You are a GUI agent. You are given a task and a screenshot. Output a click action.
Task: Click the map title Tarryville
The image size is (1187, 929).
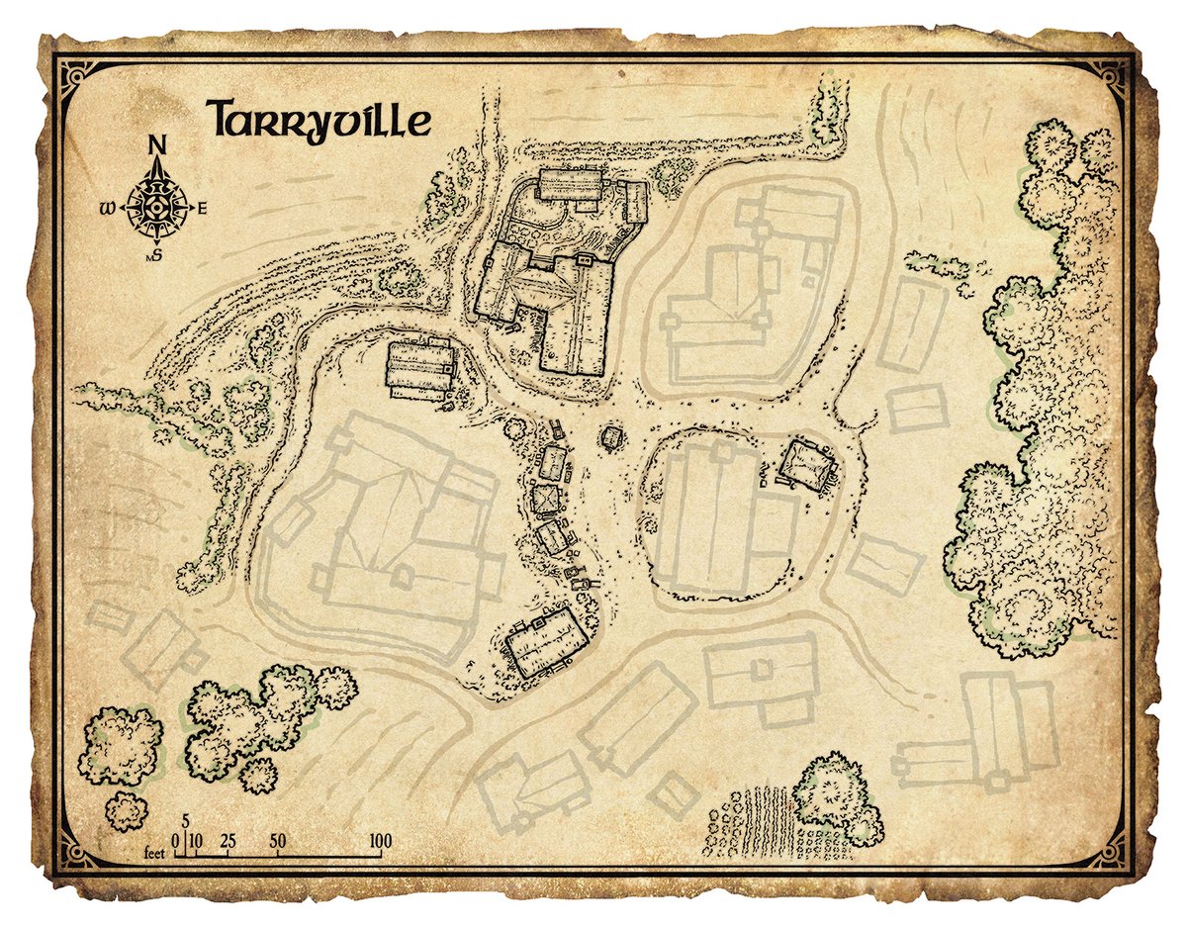319,120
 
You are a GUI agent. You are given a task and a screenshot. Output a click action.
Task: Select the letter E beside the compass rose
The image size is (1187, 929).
203,208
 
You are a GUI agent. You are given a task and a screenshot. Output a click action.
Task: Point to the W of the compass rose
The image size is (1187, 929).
107,209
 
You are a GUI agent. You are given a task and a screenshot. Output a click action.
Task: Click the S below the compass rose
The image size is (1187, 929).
157,255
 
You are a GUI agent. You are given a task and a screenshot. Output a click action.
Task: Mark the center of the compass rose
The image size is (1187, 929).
156,207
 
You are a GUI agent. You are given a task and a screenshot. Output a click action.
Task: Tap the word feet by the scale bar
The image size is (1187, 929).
155,852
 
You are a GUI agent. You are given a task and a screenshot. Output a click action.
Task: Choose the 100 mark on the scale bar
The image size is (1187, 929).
380,842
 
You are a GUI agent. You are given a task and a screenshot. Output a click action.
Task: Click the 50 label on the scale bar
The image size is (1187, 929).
278,842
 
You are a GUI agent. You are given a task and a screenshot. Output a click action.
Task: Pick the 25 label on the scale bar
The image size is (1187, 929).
228,842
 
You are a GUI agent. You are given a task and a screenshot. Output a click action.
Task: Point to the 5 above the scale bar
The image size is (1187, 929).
185,822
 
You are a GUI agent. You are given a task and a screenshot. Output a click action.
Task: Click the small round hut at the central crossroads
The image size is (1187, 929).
612,436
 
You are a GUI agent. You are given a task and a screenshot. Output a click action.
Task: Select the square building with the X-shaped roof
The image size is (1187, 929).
545,498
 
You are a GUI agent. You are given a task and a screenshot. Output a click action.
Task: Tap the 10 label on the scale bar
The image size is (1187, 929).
196,842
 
